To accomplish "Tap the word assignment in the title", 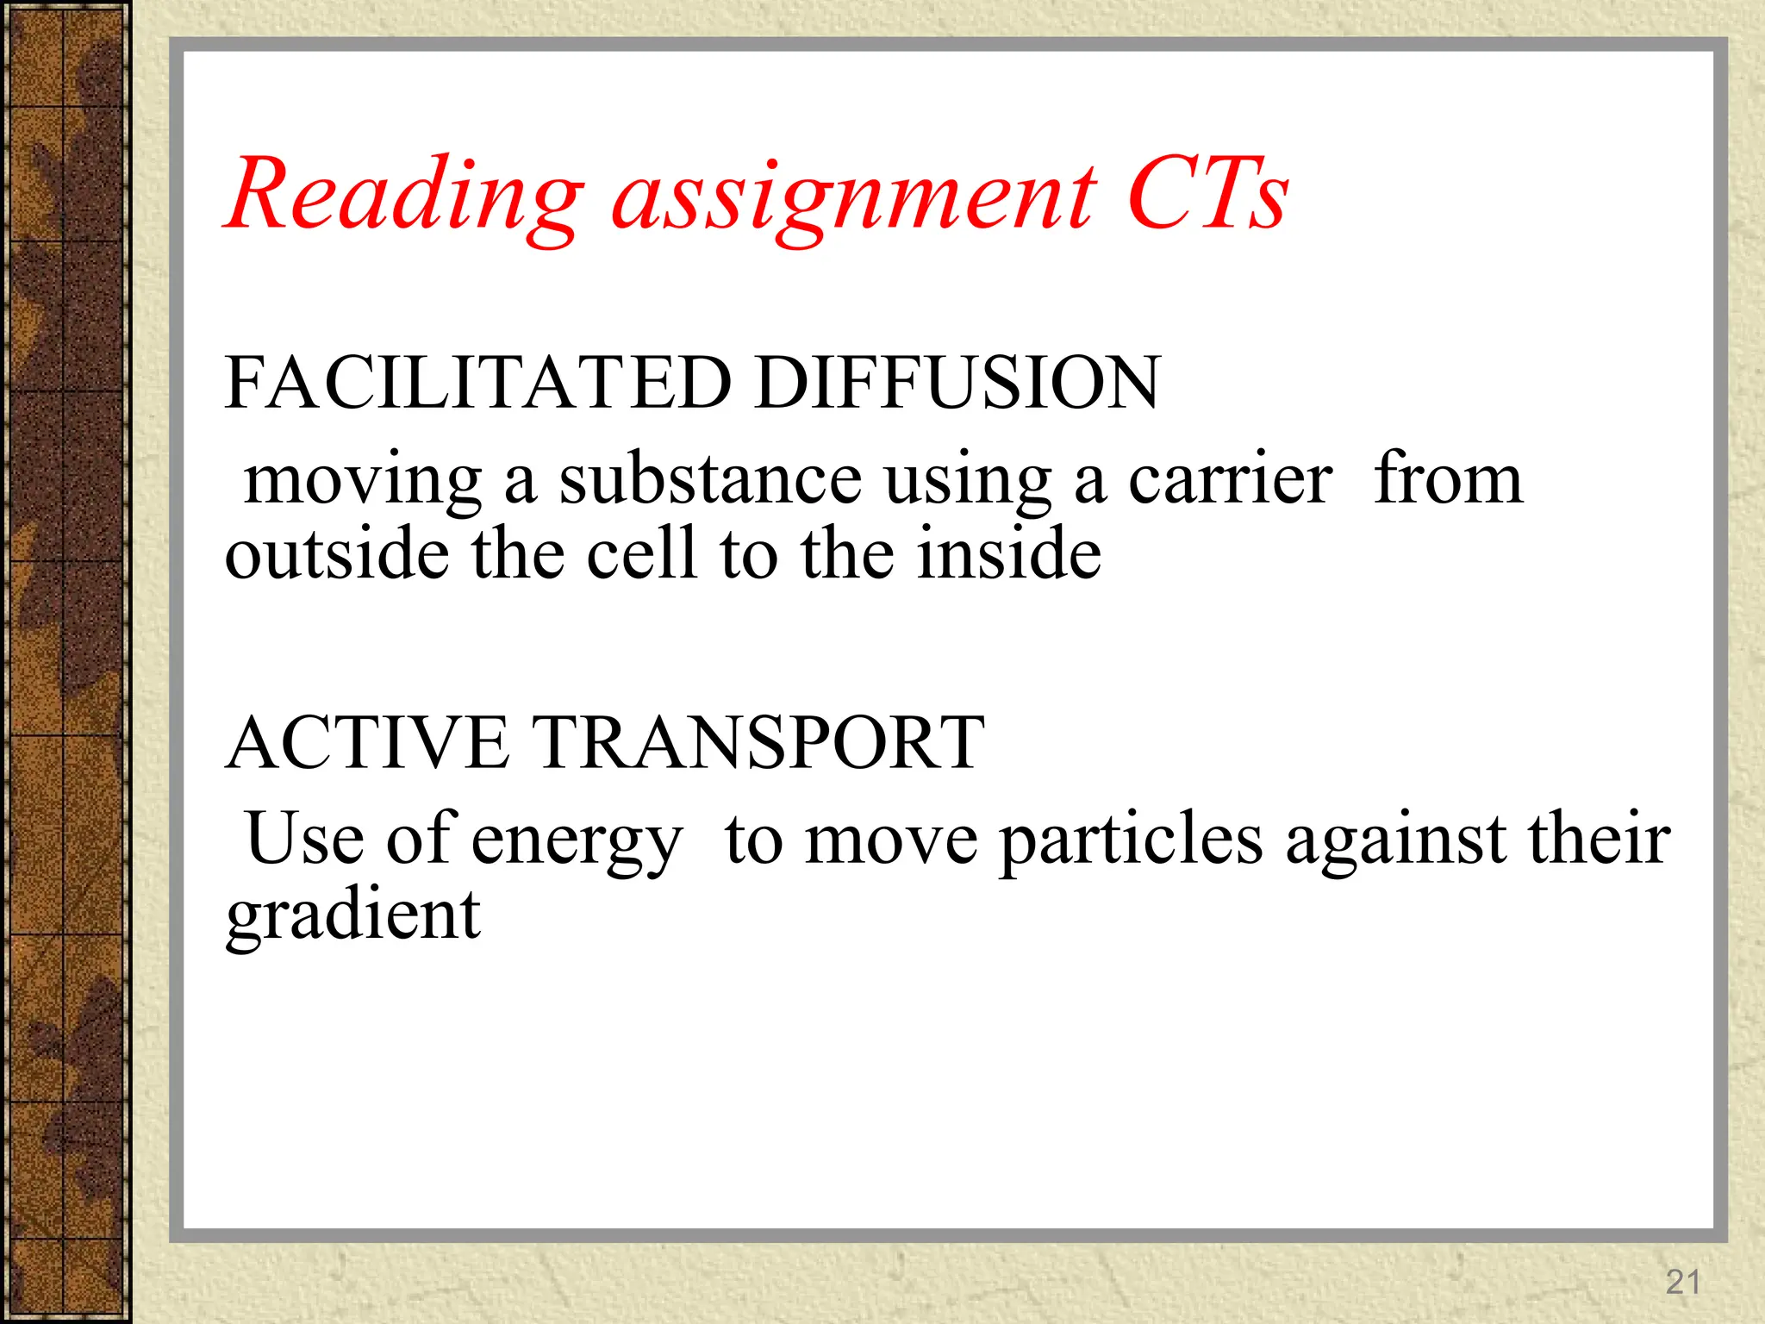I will (853, 200).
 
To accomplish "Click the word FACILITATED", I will (478, 383).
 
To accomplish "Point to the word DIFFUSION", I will (957, 383).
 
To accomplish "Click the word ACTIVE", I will (367, 743).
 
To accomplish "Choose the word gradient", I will (352, 917).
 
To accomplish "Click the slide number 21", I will (1682, 1282).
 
